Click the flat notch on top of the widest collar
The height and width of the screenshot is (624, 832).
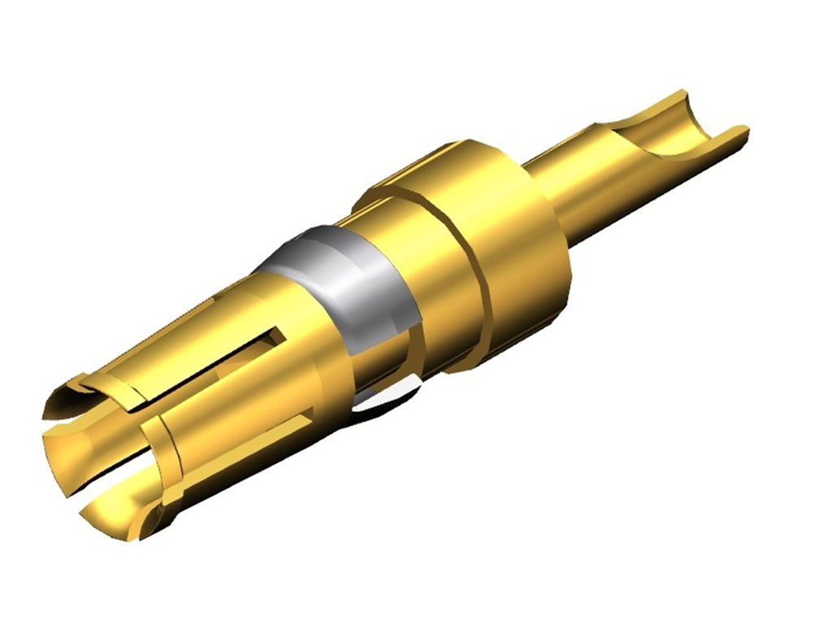point(422,162)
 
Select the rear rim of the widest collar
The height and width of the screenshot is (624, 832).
point(552,268)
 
